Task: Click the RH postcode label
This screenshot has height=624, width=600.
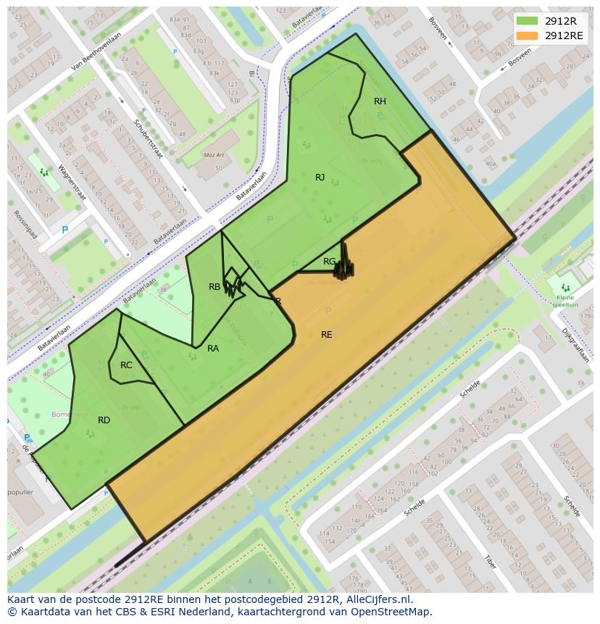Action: [380, 101]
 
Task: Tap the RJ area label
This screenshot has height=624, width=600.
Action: [320, 178]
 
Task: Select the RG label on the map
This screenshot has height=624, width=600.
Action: [329, 262]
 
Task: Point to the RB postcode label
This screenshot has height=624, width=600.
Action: [214, 287]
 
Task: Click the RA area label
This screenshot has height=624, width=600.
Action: [213, 349]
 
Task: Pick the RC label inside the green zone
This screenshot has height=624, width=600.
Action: [126, 365]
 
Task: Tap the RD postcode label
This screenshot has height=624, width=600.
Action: [104, 420]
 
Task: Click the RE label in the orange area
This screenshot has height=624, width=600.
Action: [327, 335]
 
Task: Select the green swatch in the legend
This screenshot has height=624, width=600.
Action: [528, 21]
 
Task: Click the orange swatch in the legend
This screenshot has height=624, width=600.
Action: [528, 36]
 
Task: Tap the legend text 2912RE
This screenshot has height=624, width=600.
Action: [564, 36]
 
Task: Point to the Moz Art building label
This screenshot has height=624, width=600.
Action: [214, 156]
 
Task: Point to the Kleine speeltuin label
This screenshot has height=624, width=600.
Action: [565, 301]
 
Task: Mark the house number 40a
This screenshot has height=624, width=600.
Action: [491, 164]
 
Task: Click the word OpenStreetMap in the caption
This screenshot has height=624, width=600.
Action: [391, 612]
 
